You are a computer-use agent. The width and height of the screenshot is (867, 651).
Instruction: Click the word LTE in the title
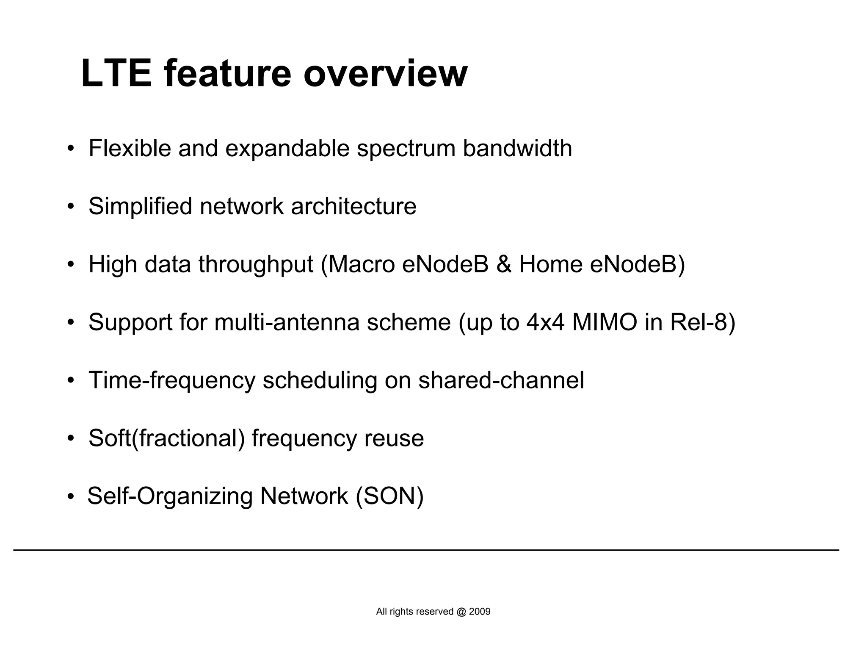coord(116,74)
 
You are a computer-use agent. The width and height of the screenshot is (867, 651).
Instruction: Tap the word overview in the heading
coord(385,74)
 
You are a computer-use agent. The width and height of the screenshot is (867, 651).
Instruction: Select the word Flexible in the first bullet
coord(130,149)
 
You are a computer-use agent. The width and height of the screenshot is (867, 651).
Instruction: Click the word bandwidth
coord(517,149)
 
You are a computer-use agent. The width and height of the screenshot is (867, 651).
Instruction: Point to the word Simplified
coord(140,207)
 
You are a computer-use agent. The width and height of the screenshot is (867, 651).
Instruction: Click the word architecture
coord(353,207)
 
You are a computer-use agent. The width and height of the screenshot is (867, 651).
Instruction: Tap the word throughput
coord(256,265)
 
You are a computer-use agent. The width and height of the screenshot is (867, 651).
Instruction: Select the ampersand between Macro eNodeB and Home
coord(503,265)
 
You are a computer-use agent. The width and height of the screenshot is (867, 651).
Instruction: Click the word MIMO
coord(605,322)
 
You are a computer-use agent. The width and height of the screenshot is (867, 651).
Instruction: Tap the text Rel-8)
coord(703,322)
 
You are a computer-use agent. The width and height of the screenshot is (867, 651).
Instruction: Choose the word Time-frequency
coord(171,380)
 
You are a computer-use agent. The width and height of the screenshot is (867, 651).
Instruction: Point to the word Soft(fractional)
coord(166,438)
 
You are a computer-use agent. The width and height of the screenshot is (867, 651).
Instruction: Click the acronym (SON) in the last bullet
coord(389,496)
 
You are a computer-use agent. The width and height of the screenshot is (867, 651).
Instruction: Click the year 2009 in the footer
coord(480,612)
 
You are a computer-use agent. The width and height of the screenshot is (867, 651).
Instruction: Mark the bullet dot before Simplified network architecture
coord(71,207)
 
